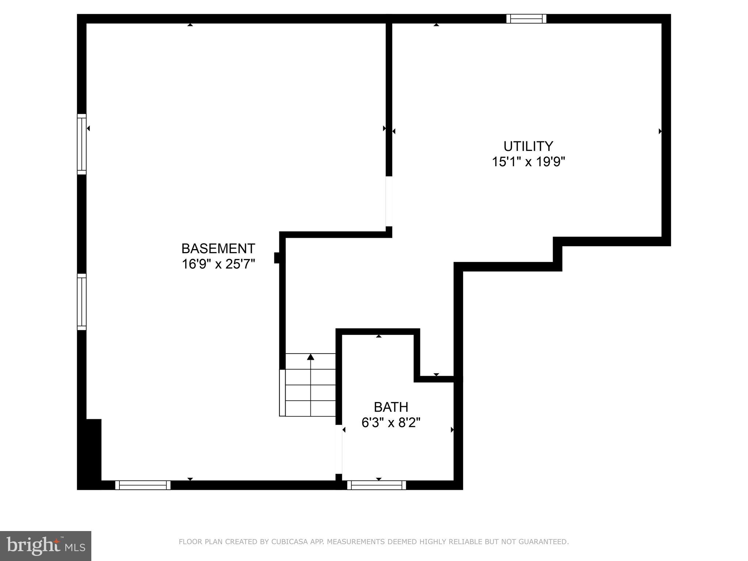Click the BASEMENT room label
coord(218,249)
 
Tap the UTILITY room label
coord(528,146)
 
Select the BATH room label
coord(391,407)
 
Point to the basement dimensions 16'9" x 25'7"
coord(218,264)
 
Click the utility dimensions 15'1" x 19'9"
coord(528,162)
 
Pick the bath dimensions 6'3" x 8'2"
coord(391,423)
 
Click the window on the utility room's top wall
coord(526,19)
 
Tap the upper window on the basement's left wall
coord(81,144)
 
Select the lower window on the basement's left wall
coord(81,302)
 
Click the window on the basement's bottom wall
coord(143,485)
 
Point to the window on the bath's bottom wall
coord(377,485)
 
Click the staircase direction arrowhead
coord(310,357)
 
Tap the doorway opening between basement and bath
coord(339,449)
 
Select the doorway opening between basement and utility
coord(389,201)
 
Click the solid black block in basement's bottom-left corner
coord(89,453)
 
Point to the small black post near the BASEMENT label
coord(277,257)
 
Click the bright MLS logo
coord(46,546)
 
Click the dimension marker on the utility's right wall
coord(660,131)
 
